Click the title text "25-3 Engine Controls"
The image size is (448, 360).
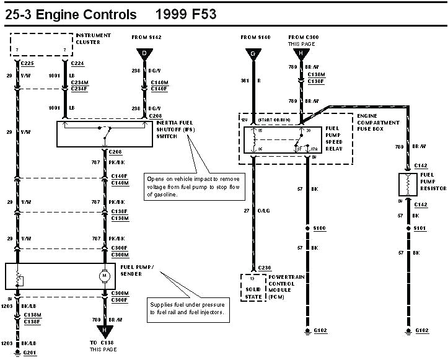(71, 14)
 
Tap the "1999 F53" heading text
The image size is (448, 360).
(187, 14)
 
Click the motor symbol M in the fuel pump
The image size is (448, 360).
(105, 274)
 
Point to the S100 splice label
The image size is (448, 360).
(319, 229)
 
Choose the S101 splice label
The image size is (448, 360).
(421, 229)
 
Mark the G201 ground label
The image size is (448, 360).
(30, 352)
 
